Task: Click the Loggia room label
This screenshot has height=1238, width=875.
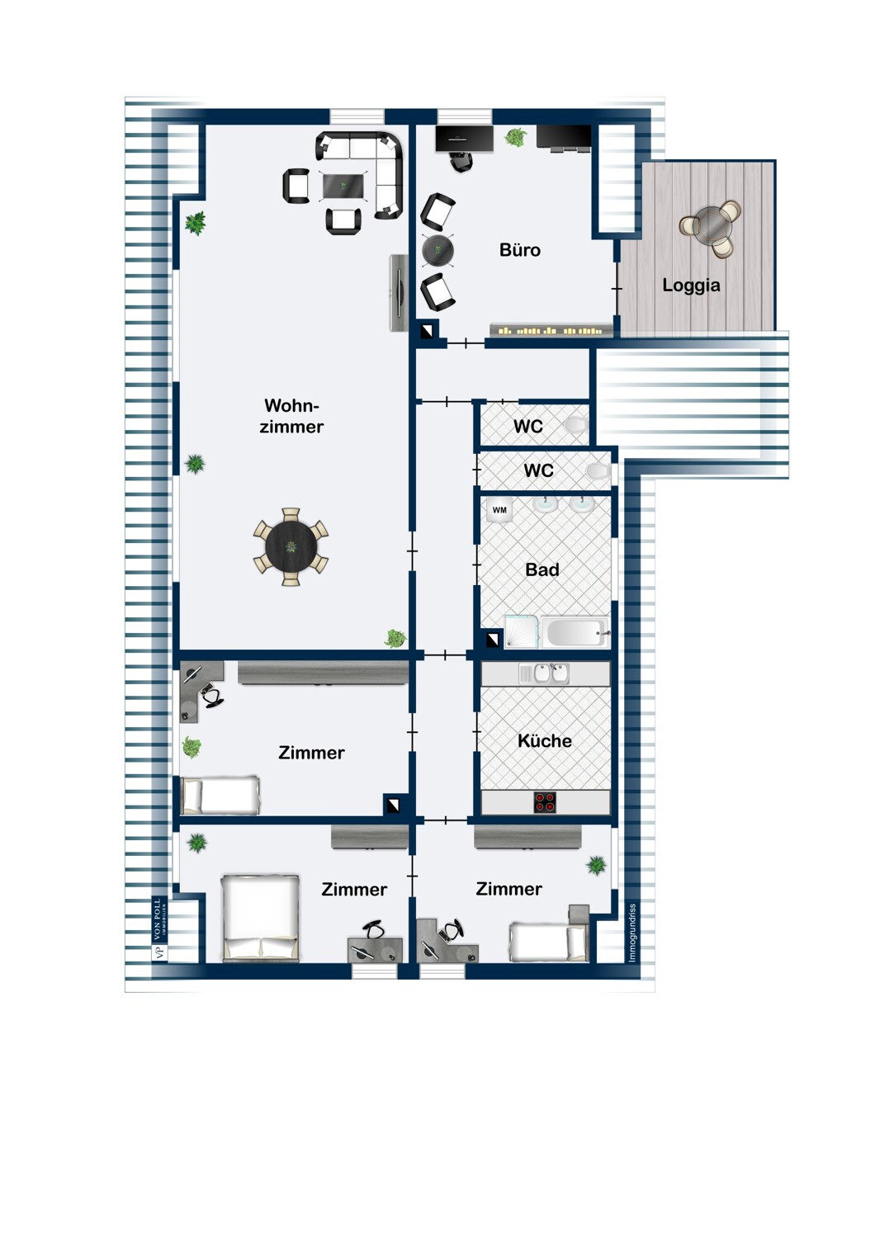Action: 691,286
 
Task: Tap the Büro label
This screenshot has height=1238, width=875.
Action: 519,250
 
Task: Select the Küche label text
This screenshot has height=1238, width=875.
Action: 545,740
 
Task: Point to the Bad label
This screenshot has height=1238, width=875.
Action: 542,569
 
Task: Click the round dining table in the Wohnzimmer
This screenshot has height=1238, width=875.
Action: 291,547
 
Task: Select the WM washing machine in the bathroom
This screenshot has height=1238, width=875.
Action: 499,510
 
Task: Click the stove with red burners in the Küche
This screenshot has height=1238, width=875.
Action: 545,802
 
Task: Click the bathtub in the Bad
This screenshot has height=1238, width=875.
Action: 575,631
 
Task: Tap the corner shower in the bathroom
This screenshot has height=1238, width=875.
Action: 521,631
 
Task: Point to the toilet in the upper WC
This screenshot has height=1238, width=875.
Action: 576,425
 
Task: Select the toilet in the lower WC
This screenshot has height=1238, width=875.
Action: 598,471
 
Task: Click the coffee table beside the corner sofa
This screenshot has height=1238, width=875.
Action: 344,186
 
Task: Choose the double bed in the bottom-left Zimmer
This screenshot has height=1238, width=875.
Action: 260,919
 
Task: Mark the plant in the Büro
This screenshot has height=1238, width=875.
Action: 516,138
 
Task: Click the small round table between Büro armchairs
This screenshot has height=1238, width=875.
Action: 437,251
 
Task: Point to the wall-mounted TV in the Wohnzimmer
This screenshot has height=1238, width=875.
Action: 399,293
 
